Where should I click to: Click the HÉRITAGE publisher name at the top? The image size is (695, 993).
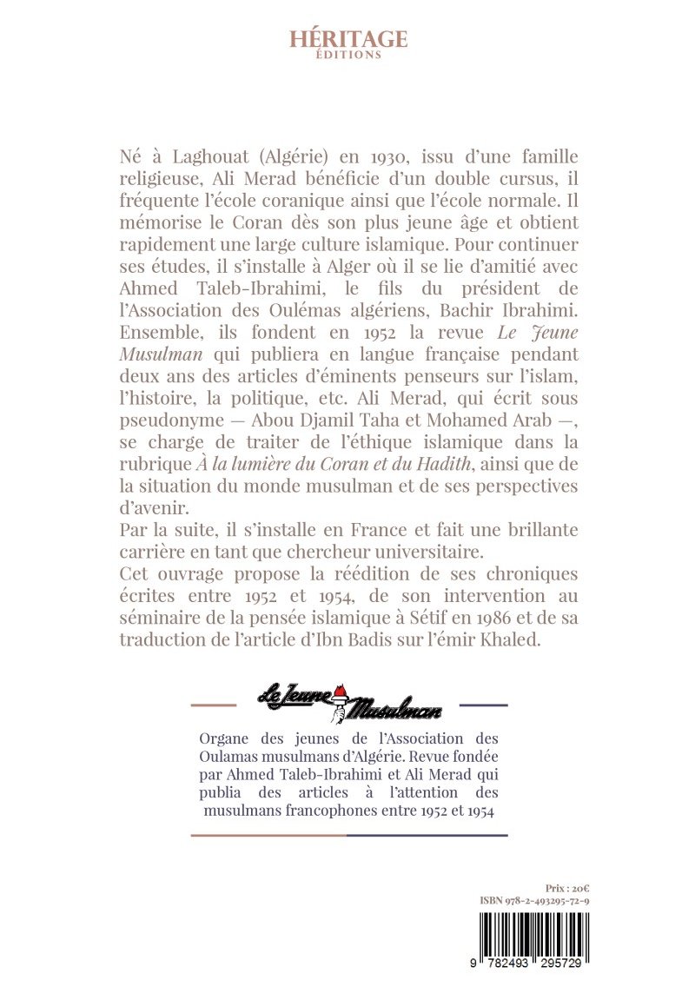coord(348,38)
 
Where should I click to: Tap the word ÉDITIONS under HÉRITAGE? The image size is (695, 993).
coord(348,55)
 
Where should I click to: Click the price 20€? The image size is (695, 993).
coord(566,889)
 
